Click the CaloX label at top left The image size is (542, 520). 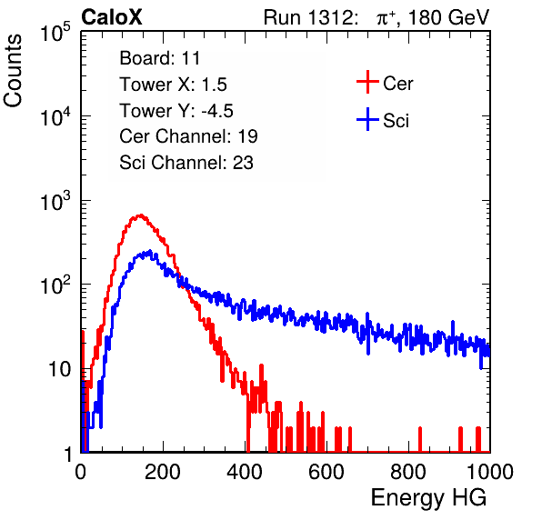coord(112,17)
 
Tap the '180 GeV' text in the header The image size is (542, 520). coord(449,17)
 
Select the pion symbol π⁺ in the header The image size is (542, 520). coord(386,17)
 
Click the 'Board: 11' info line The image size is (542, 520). coord(160,58)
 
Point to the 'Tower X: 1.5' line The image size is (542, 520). coord(173,85)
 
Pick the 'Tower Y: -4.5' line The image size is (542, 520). coord(176,111)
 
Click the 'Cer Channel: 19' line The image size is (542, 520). coord(188,136)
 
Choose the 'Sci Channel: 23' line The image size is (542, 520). coord(186,163)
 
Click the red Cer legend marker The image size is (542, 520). coord(367,82)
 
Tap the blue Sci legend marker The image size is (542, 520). coord(367,120)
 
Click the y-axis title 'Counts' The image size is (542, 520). coord(13,71)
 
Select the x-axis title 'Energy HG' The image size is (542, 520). coord(428,498)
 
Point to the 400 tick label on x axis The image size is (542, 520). coord(245,472)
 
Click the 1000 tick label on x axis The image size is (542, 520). coord(490,472)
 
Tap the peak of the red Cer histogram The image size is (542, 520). coord(140,215)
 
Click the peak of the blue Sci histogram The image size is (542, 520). coord(150,251)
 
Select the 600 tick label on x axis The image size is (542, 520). coord(326,472)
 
